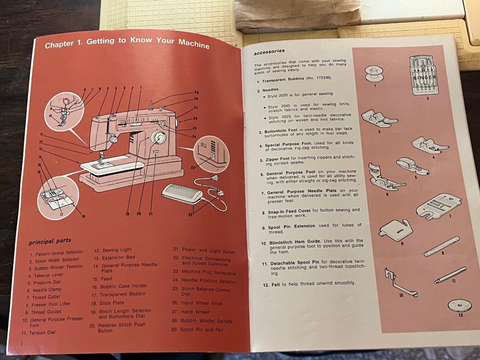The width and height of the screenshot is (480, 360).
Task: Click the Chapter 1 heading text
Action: pyautogui.click(x=127, y=42)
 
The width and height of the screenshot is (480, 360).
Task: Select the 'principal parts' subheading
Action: pyautogui.click(x=50, y=241)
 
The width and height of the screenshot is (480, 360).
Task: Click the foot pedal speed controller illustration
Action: pyautogui.click(x=182, y=196)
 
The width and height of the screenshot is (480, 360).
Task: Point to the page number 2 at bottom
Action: pyautogui.click(x=22, y=344)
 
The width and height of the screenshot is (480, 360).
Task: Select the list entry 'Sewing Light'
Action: pyautogui.click(x=117, y=250)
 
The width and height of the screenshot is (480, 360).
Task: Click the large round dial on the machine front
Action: pyautogui.click(x=159, y=138)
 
